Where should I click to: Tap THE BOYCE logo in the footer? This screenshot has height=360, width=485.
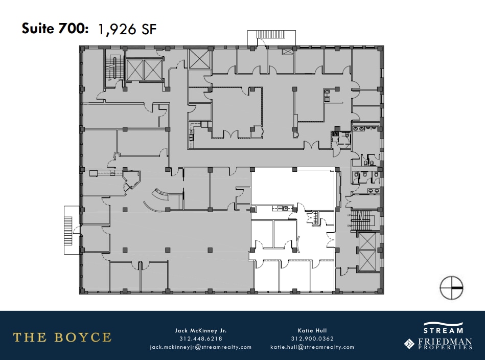pyautogui.click(x=62, y=337)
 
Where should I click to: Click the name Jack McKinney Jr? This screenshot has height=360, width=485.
pyautogui.click(x=200, y=330)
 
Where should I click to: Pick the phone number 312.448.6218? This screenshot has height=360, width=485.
pyautogui.click(x=200, y=339)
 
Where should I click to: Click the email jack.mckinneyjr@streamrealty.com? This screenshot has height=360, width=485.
pyautogui.click(x=200, y=347)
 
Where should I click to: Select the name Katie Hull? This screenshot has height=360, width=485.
pyautogui.click(x=312, y=330)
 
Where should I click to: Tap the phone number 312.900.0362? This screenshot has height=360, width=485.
pyautogui.click(x=312, y=339)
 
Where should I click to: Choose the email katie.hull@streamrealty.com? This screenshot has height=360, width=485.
pyautogui.click(x=312, y=347)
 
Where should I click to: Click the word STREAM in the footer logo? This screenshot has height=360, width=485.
pyautogui.click(x=443, y=330)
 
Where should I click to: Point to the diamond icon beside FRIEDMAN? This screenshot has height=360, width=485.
pyautogui.click(x=409, y=343)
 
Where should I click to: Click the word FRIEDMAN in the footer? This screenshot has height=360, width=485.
pyautogui.click(x=444, y=341)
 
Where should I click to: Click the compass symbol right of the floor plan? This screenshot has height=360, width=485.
pyautogui.click(x=451, y=287)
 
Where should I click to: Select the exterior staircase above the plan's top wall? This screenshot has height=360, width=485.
pyautogui.click(x=271, y=36)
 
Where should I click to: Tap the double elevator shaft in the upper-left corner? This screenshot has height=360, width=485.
pyautogui.click(x=144, y=70)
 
